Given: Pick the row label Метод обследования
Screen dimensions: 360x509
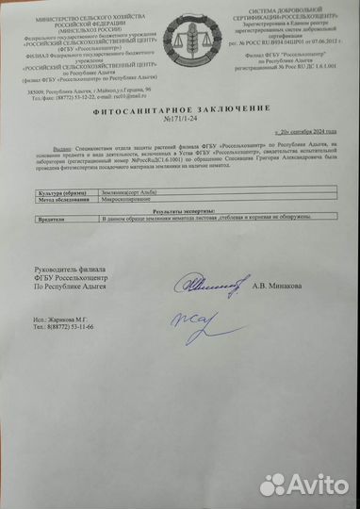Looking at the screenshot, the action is pyautogui.click(x=59, y=199).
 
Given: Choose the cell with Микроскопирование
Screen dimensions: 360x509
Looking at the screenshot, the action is pyautogui.click(x=131, y=199).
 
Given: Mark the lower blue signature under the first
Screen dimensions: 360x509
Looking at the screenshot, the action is pyautogui.click(x=193, y=325).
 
